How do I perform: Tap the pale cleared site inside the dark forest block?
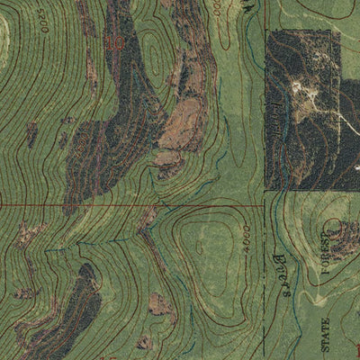(301, 90)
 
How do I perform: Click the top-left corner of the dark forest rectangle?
(266, 31)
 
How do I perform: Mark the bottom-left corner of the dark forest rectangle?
(266, 189)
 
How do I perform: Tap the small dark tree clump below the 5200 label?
(32, 135)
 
